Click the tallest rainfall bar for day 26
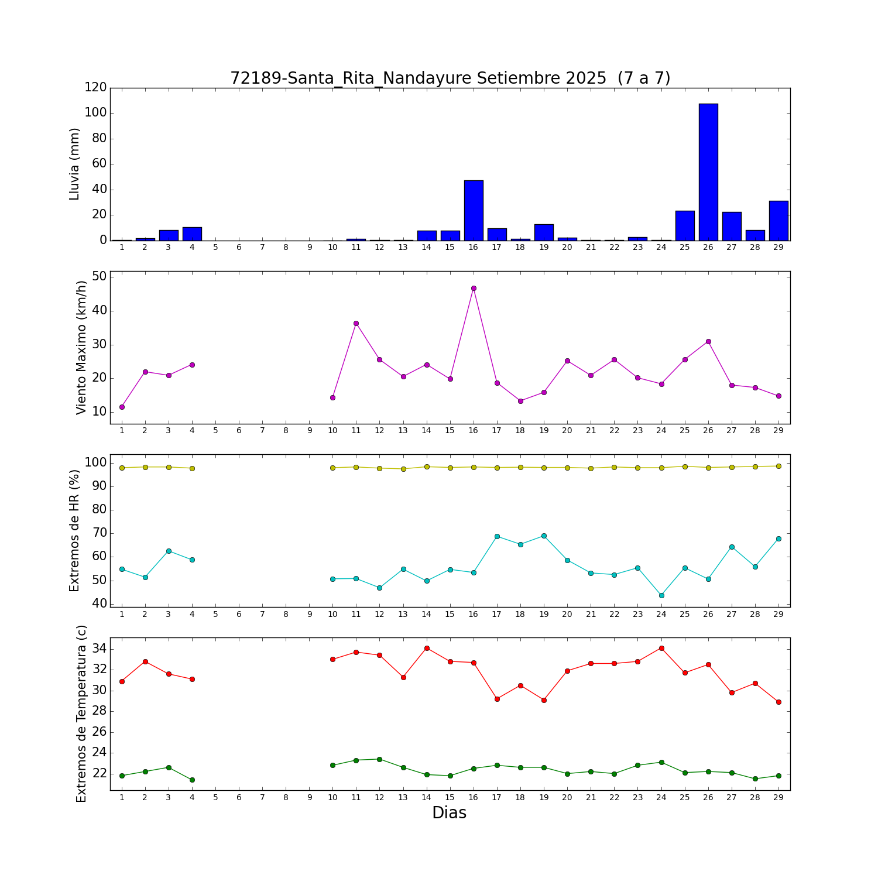708,172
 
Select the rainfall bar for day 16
474,211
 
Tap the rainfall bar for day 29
778,221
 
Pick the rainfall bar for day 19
544,232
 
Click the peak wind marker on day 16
474,288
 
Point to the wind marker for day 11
356,323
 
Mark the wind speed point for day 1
122,407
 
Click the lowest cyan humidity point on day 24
661,595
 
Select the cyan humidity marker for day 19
544,536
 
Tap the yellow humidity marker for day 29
778,466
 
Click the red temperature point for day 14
427,648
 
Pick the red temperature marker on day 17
497,699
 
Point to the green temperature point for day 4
192,780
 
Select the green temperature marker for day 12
379,759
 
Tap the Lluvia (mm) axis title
74,164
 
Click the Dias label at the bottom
449,813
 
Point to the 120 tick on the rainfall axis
96,87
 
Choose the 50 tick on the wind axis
100,276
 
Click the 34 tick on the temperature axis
100,649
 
